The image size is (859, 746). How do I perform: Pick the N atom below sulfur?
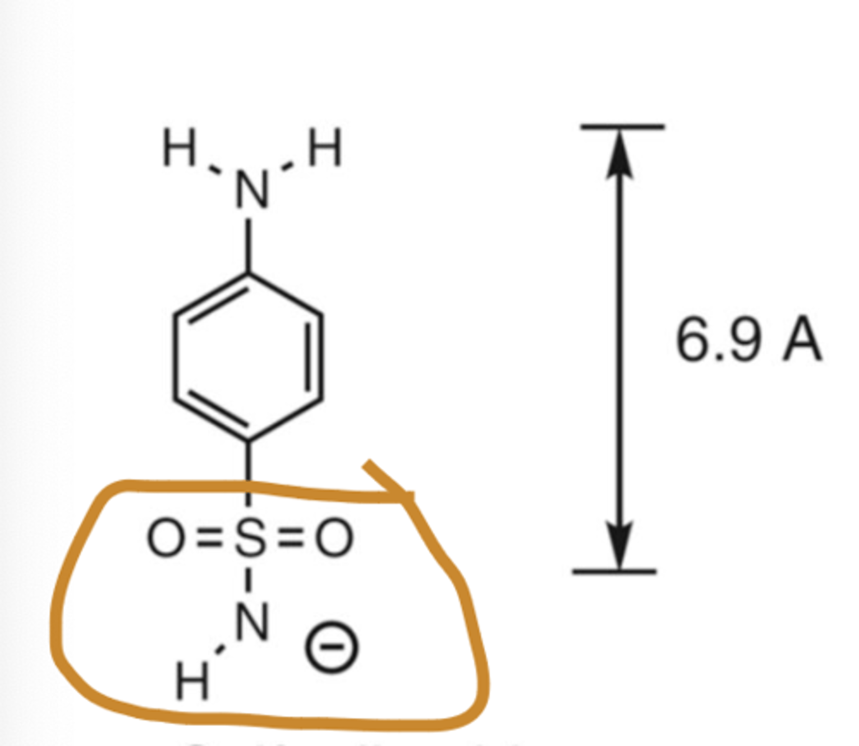[x=252, y=622]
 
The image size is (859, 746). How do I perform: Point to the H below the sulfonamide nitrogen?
[x=192, y=681]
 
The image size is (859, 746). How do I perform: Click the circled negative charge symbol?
[x=331, y=648]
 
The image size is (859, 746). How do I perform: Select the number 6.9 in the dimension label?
[x=718, y=341]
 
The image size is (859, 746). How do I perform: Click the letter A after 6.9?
[x=802, y=341]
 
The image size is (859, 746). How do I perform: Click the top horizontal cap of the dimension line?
[x=622, y=127]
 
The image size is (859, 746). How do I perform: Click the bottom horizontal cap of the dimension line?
[x=614, y=570]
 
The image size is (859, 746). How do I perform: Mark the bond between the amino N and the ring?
[x=248, y=246]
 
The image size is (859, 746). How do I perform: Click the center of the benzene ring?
[x=248, y=357]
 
